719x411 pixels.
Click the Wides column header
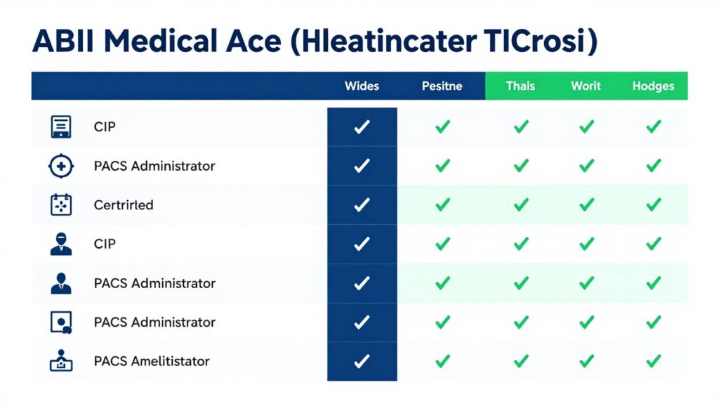(x=362, y=86)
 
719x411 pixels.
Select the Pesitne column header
(x=442, y=86)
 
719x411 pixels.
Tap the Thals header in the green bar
(x=520, y=86)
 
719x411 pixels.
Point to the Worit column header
(x=586, y=86)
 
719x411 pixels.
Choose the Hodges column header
(x=653, y=86)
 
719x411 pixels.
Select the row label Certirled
(x=124, y=205)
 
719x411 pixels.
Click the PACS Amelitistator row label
(x=152, y=361)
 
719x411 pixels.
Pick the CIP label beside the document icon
(x=105, y=127)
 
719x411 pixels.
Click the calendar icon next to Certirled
(x=61, y=205)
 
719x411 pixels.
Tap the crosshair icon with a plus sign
(x=60, y=167)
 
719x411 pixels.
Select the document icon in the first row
(x=61, y=127)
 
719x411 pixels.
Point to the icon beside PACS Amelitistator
(x=61, y=361)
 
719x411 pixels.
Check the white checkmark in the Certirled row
(x=362, y=205)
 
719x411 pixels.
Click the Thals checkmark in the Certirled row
(x=520, y=205)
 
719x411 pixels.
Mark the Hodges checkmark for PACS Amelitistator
(x=653, y=361)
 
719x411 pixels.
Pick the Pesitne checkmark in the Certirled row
(x=442, y=205)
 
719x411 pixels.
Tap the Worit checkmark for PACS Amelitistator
(x=586, y=361)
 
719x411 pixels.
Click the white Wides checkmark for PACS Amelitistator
(x=362, y=361)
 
